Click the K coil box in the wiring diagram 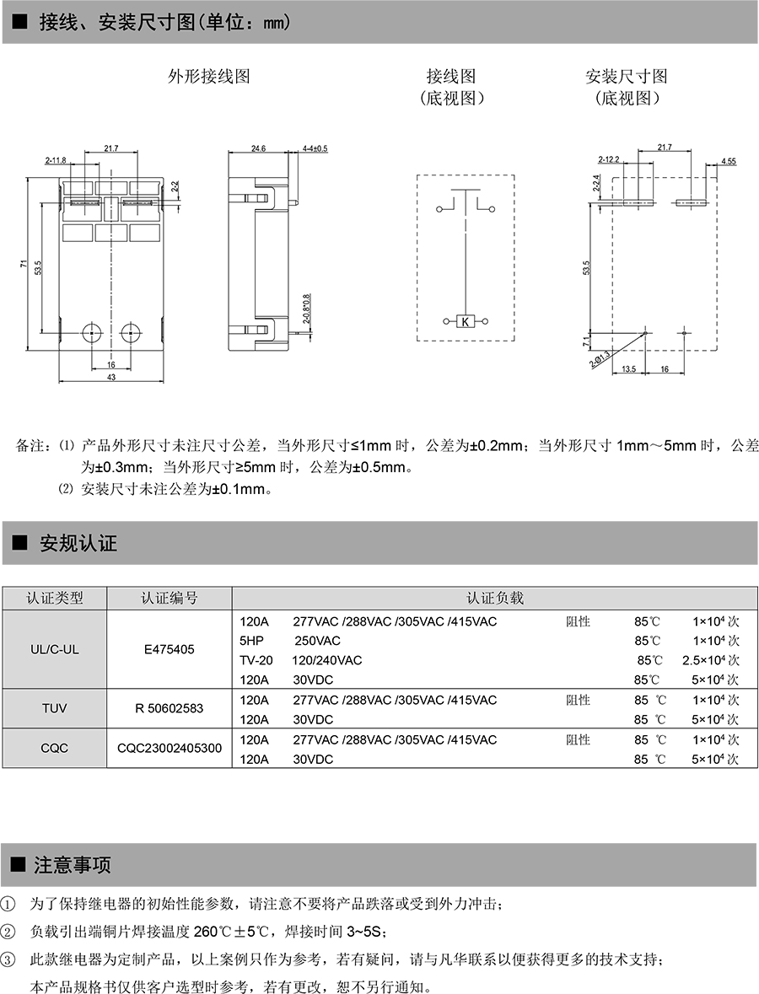[x=466, y=320]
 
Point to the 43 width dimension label [x=110, y=377]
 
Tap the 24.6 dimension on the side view [x=258, y=148]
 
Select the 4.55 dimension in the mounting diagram [x=729, y=160]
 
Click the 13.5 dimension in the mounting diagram [x=627, y=368]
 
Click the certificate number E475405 [x=169, y=650]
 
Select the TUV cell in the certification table [x=54, y=709]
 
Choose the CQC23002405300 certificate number [x=170, y=748]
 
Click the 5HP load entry [x=252, y=641]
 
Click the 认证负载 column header [x=495, y=598]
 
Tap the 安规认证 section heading [x=78, y=544]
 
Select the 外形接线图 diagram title [x=209, y=77]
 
